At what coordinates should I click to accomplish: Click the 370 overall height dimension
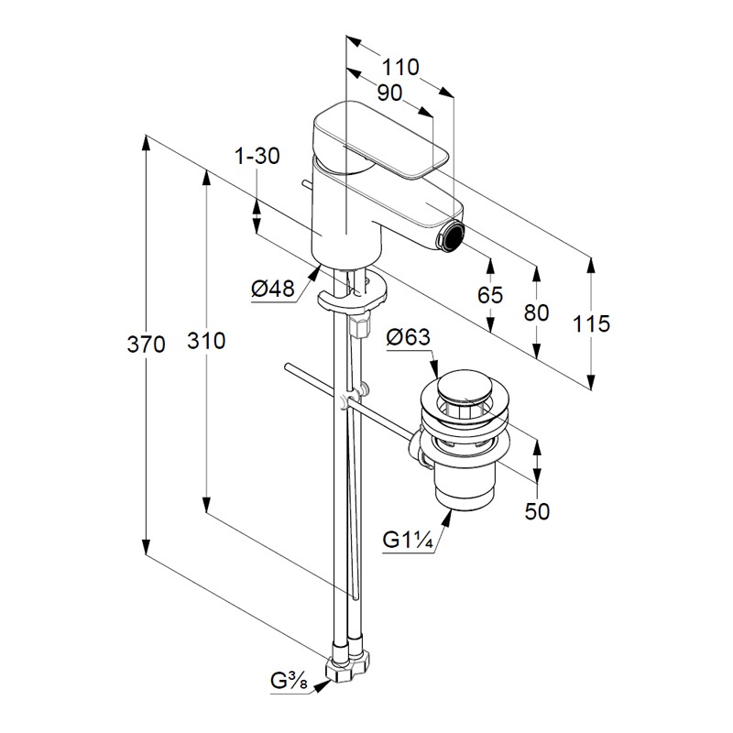click(147, 345)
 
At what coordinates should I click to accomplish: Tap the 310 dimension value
click(207, 341)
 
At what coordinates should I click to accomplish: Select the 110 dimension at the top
click(400, 67)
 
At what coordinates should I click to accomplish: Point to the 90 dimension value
click(389, 93)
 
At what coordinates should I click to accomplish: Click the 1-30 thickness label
click(257, 157)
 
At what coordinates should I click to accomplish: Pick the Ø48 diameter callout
click(272, 290)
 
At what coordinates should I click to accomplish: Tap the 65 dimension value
click(490, 295)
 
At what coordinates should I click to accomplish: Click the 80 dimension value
click(536, 312)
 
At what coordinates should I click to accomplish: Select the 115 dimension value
click(591, 323)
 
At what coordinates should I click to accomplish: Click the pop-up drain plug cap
click(465, 389)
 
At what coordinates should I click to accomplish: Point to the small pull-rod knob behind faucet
click(302, 187)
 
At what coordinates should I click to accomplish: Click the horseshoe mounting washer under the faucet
click(352, 296)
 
